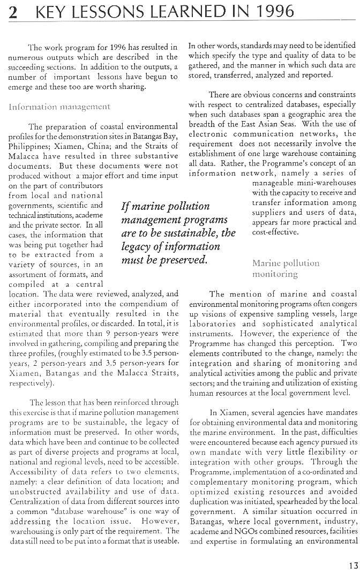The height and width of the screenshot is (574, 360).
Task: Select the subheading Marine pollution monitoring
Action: (286, 268)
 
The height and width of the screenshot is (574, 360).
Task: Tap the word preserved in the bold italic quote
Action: (183, 260)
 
